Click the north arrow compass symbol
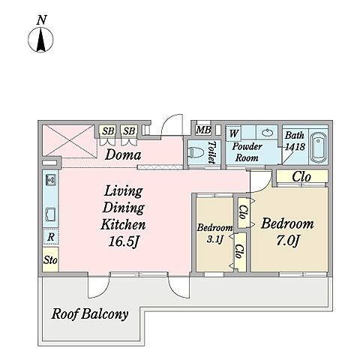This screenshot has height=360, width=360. pos(40,40)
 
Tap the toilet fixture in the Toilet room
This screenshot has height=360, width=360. pos(194,153)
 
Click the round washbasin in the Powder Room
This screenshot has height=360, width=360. pos(268,132)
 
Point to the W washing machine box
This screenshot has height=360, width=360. pos(233,133)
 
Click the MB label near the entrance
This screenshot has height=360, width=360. pos(203,130)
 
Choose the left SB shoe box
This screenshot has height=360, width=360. pos(108,131)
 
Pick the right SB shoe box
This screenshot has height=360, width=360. pos(129,131)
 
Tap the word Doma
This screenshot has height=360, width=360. pos(123,154)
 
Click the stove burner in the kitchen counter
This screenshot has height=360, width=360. pos(51,180)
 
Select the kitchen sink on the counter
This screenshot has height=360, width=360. pos(51,214)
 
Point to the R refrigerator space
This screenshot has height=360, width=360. pos(51,236)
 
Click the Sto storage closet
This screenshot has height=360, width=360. pos(51,259)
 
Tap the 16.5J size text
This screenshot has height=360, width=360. pos(124,241)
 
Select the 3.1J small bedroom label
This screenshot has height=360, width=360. pos(214,240)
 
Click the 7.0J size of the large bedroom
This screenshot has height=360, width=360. pos(287,241)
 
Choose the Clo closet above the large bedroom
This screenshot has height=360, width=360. pos(301,177)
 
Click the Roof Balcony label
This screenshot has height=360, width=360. pos(90,313)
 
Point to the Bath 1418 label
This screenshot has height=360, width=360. pos(295,141)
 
